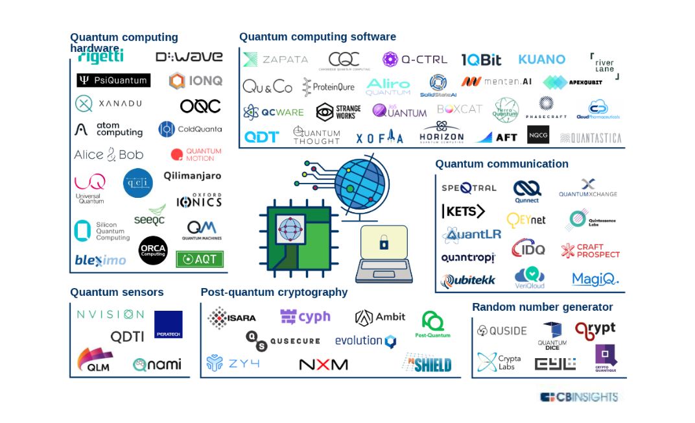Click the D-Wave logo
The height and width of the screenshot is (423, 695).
tap(189, 57)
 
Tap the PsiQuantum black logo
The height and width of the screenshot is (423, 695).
tap(113, 80)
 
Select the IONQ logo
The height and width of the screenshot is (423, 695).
tap(196, 80)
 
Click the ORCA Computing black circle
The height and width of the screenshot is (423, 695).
tap(153, 250)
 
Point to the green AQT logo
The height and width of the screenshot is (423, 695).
tap(200, 259)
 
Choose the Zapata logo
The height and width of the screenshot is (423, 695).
tap(276, 60)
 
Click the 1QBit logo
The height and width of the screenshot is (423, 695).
tap(481, 60)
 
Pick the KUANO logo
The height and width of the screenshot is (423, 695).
tap(541, 60)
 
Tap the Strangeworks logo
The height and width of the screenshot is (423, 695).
tap(338, 112)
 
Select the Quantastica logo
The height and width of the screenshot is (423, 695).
tap(591, 138)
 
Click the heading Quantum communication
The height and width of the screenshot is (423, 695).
tap(501, 164)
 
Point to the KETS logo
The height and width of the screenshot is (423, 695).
tap(463, 211)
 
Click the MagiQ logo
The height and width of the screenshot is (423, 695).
tap(595, 279)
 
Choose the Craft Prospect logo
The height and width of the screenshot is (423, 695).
tap(590, 251)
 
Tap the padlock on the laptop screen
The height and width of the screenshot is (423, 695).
tap(384, 244)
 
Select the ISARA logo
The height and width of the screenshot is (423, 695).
tap(231, 318)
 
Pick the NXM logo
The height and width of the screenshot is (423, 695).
tap(323, 365)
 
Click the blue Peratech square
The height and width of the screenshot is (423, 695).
tap(169, 324)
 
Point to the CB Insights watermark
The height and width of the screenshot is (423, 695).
tap(579, 396)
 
